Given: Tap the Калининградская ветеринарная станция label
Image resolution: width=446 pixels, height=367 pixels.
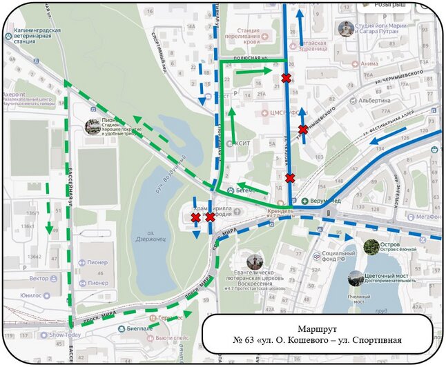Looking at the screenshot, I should [x=35, y=35].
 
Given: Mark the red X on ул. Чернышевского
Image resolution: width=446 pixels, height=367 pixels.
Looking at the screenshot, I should [x=303, y=130].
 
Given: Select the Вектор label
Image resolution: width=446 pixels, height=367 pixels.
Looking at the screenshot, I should [x=39, y=278].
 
